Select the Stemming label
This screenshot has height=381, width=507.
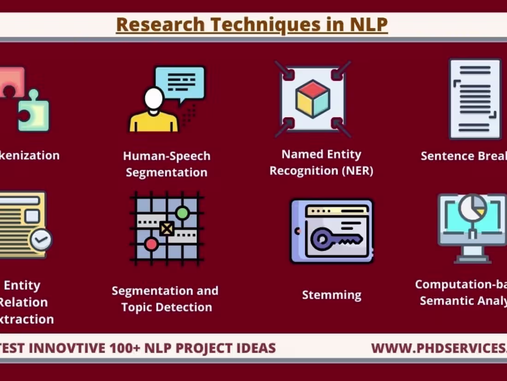coord(331,295)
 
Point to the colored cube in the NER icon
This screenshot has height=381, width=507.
coord(313,98)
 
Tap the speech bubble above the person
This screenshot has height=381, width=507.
coord(180,83)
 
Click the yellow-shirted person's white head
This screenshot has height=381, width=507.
coord(154,98)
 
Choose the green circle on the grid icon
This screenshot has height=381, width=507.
coord(183,213)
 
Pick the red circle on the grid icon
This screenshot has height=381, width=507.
coord(151,244)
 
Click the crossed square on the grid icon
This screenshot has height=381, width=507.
coord(166,228)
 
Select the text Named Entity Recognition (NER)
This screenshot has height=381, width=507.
coord(321,162)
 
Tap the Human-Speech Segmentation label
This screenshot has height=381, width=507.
coord(166,164)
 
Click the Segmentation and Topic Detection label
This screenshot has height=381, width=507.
coord(165,299)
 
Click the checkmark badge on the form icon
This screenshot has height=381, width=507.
coord(41,239)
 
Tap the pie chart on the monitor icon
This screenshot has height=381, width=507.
coord(473,208)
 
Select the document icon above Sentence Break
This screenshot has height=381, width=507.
coord(475,98)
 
